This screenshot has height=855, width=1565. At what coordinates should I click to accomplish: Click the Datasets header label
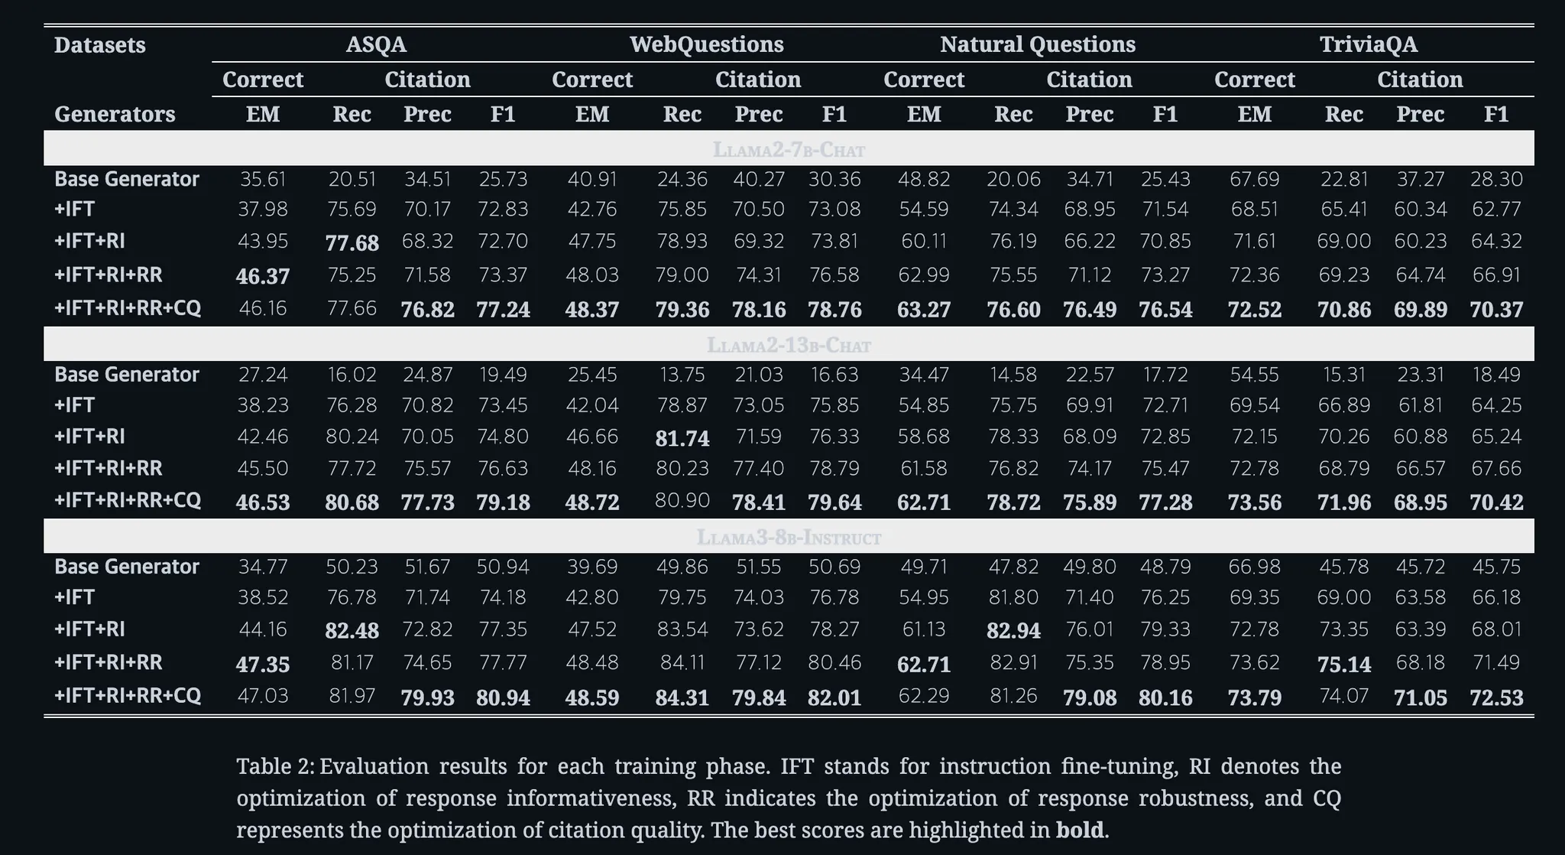(x=99, y=45)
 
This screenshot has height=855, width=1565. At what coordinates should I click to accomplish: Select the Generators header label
(x=115, y=114)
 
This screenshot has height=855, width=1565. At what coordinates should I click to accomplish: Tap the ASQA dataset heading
(x=376, y=44)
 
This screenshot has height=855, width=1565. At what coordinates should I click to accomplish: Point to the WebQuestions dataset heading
(x=706, y=44)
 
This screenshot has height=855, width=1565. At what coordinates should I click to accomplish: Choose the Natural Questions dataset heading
(x=1037, y=44)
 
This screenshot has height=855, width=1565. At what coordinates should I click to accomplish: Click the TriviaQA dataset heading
(x=1368, y=44)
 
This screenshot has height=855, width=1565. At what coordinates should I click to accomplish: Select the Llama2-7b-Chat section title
(x=789, y=149)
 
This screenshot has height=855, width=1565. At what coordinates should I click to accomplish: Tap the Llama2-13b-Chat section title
(x=789, y=345)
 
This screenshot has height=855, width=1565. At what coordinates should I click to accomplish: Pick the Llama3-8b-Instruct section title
(x=789, y=537)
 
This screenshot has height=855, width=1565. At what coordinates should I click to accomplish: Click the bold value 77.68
(x=352, y=243)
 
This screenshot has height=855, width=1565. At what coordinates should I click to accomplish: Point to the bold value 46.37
(x=263, y=276)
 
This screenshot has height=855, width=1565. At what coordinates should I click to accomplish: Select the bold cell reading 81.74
(x=682, y=438)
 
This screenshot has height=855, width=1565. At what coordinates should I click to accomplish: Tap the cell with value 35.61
(x=263, y=180)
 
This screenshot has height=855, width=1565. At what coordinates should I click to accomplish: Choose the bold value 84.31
(x=682, y=697)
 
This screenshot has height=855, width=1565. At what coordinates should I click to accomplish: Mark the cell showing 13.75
(x=682, y=375)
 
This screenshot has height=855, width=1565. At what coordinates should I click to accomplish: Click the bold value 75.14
(x=1343, y=664)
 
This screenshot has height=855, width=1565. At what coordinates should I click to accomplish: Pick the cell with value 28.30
(x=1495, y=180)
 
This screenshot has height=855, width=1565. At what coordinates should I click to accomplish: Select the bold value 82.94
(x=1013, y=630)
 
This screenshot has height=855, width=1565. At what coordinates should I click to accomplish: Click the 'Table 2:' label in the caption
(x=274, y=766)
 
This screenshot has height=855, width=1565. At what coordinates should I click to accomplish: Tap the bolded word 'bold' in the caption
(x=1079, y=830)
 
